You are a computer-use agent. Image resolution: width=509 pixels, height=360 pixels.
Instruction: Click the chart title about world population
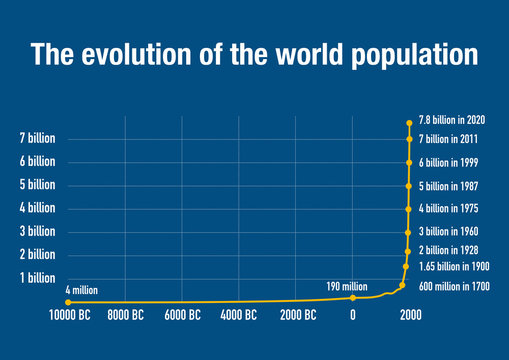tap(254, 54)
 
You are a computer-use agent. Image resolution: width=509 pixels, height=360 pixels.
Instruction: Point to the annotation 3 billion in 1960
tap(450, 231)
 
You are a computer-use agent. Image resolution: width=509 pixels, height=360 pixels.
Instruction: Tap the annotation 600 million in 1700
tap(455, 287)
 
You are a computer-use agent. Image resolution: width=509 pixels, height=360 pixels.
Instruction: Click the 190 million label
tap(348, 286)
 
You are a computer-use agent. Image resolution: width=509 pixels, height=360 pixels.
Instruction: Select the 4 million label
tap(82, 290)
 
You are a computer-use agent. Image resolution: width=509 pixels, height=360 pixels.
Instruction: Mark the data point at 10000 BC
tap(67, 301)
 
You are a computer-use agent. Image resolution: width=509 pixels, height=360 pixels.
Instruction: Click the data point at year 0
tap(353, 297)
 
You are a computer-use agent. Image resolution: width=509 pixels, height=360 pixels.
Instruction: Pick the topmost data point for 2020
tap(409, 122)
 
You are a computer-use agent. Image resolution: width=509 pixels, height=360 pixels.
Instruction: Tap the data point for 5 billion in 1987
tap(409, 186)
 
